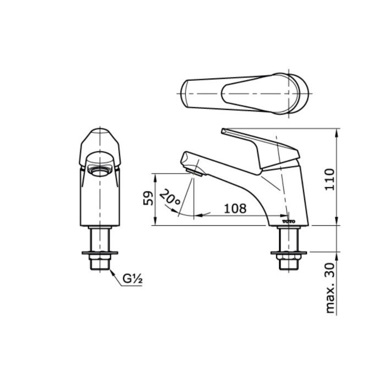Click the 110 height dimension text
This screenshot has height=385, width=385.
pyautogui.click(x=329, y=178)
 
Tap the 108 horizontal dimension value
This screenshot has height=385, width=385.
pyautogui.click(x=235, y=208)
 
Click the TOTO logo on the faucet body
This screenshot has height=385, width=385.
pyautogui.click(x=289, y=221)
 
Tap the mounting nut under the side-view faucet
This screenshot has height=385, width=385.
pyautogui.click(x=288, y=254)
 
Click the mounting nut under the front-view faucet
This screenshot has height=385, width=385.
pyautogui.click(x=100, y=254)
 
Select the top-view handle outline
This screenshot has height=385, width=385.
pyautogui.click(x=242, y=94)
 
